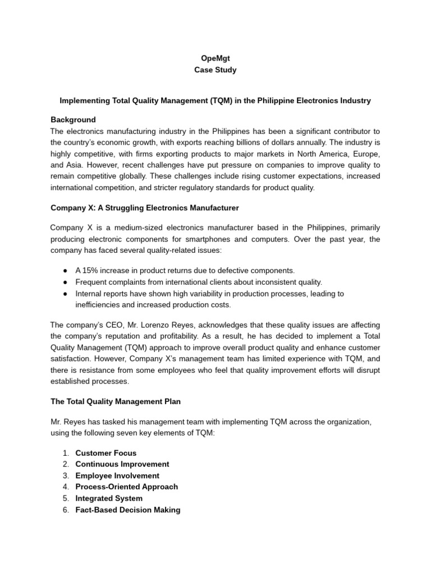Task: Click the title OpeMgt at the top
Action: tap(215, 58)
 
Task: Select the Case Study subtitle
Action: tap(215, 70)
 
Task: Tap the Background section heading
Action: tap(73, 119)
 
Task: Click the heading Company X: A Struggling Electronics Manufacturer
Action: tap(145, 208)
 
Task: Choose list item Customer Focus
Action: tap(106, 453)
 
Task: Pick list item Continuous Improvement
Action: tap(122, 464)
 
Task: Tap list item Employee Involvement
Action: tap(117, 476)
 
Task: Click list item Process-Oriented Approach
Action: tap(126, 487)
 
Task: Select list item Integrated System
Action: tap(109, 498)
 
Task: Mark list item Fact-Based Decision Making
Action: tap(127, 510)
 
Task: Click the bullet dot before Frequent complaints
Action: tap(66, 282)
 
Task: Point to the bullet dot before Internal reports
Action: tap(66, 293)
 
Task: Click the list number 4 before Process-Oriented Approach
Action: tap(66, 487)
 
